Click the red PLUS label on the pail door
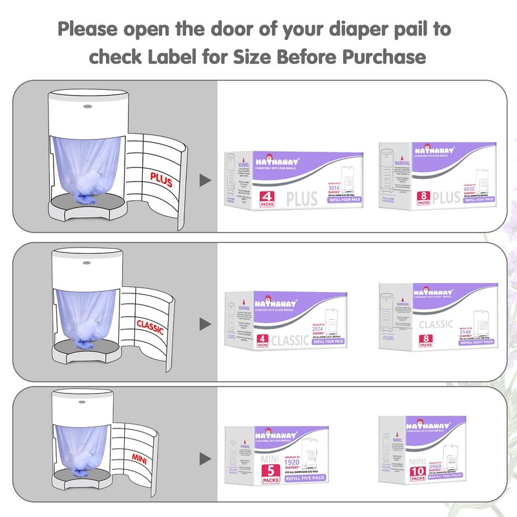click(x=162, y=179)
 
